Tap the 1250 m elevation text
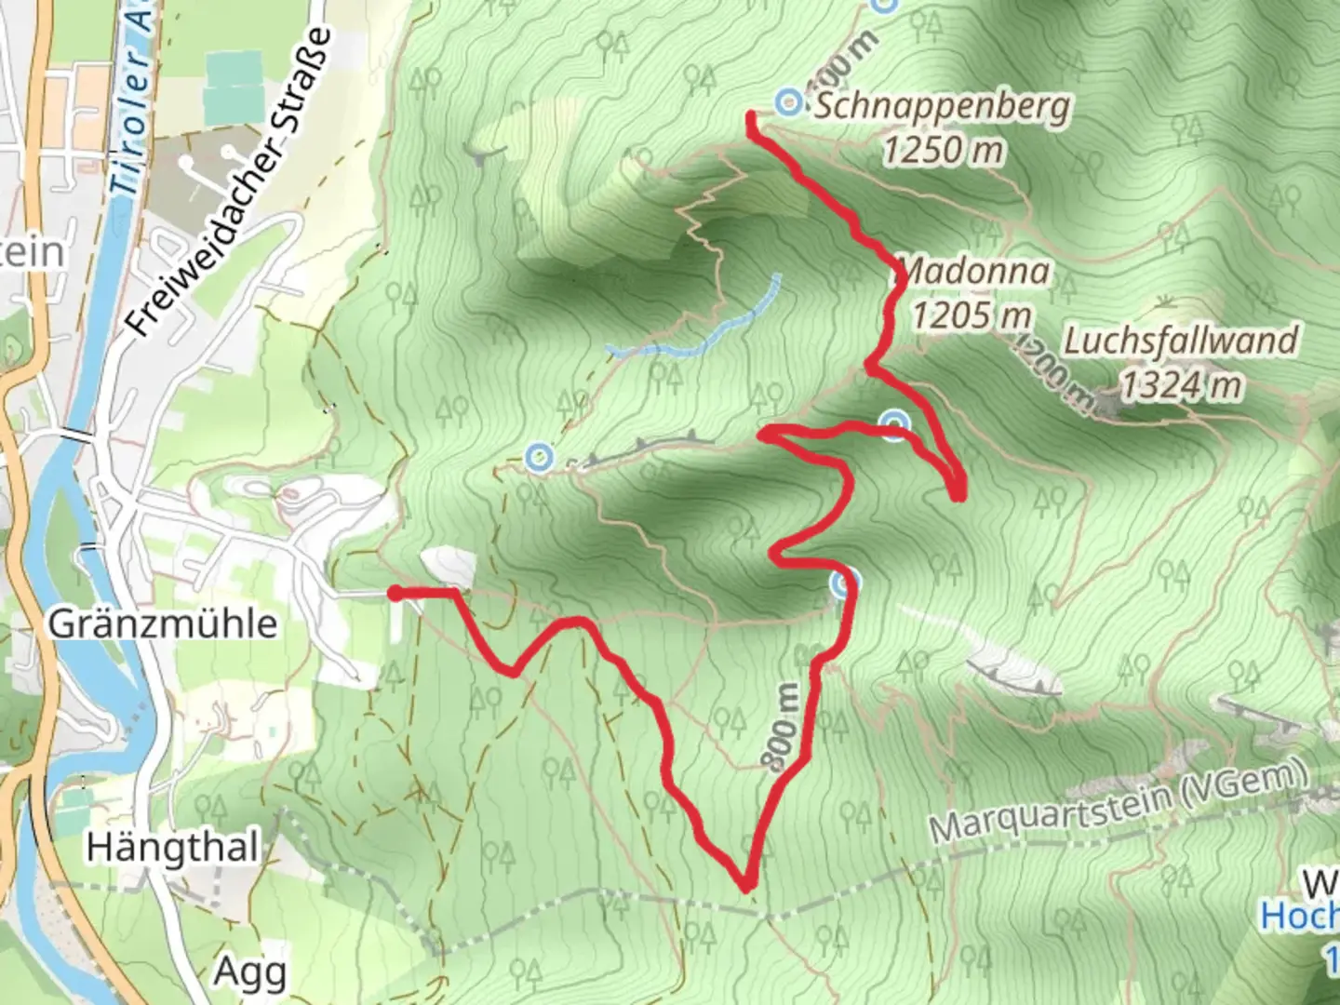tap(944, 149)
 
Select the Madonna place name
tap(975, 273)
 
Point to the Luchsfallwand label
tap(1180, 341)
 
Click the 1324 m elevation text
tap(1180, 383)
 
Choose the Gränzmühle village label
tap(163, 623)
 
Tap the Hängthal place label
tap(172, 848)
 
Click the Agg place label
tap(249, 971)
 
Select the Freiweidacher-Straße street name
tap(229, 182)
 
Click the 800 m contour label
tap(783, 728)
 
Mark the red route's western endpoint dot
tap(395, 594)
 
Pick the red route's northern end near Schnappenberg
tap(750, 116)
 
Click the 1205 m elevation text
tap(971, 315)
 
